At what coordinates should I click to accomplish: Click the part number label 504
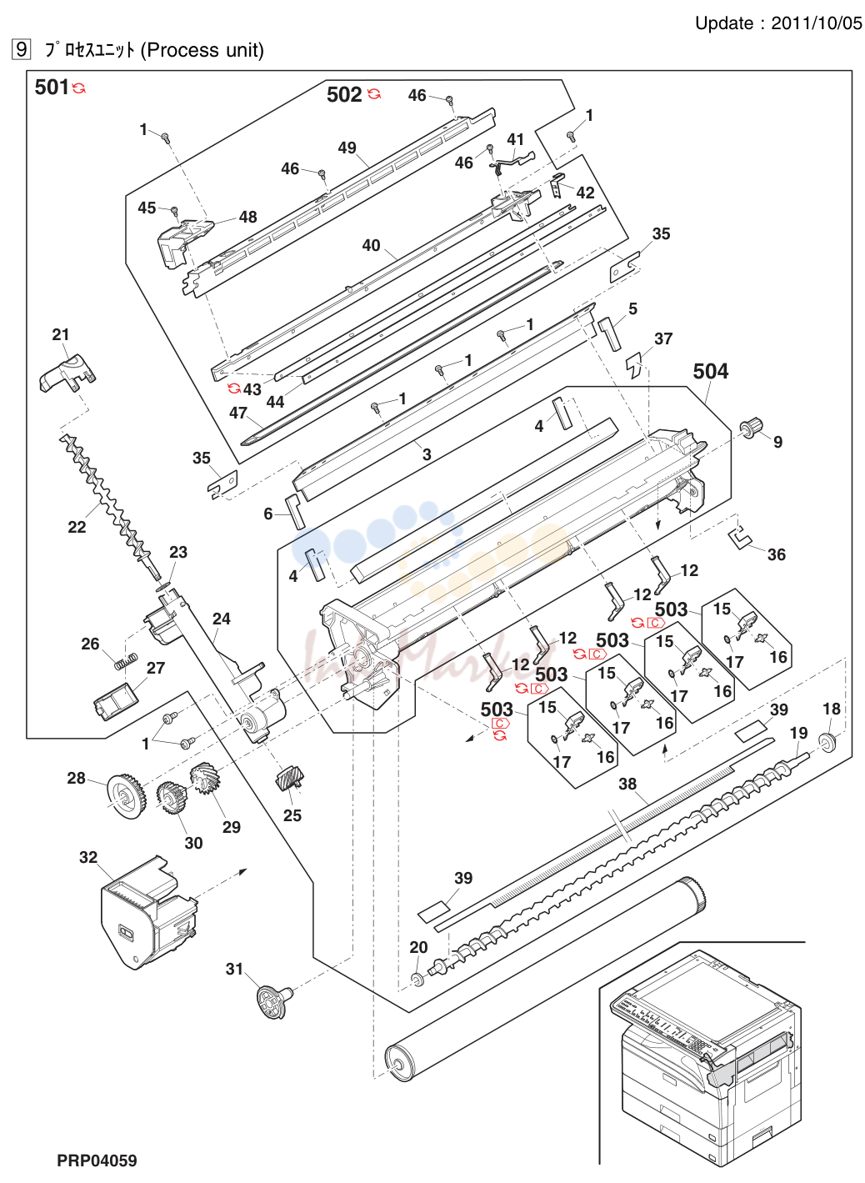click(710, 371)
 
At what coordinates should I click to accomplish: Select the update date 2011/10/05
click(816, 23)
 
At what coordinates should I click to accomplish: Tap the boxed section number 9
click(21, 49)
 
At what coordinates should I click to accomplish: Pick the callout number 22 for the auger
click(77, 527)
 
